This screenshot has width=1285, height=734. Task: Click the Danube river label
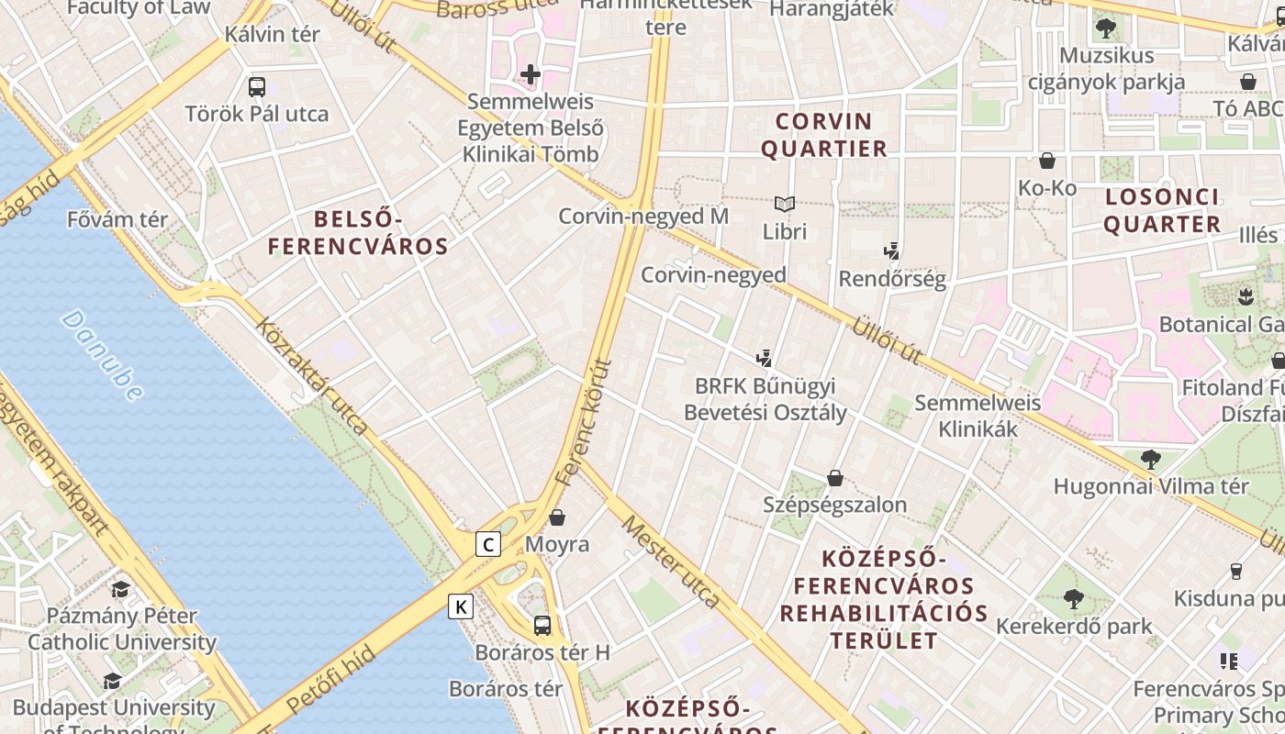coord(103,355)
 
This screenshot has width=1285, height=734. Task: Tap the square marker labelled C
coord(488,544)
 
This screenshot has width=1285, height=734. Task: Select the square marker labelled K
coord(461,606)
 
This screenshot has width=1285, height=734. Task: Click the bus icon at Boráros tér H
coord(542,626)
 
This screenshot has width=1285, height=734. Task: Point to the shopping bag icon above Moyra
coord(557,517)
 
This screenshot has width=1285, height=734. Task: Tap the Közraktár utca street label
coord(312,375)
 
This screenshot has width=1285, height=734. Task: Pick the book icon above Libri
coord(784,204)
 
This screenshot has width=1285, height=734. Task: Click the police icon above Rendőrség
coord(891,251)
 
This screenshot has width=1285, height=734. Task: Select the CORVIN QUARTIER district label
coord(824,135)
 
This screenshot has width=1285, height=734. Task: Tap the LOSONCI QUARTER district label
coord(1162,210)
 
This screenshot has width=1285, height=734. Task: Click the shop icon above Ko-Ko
coord(1047,161)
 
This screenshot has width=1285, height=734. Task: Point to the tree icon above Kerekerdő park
coord(1073,600)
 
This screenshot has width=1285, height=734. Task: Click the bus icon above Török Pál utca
coord(257,87)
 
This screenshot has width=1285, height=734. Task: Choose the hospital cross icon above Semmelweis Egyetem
coord(531,74)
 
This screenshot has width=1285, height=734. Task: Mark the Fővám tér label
coord(117,219)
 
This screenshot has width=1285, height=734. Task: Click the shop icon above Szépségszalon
coord(835,478)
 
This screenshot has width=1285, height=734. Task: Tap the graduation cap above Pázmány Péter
coord(120,588)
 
